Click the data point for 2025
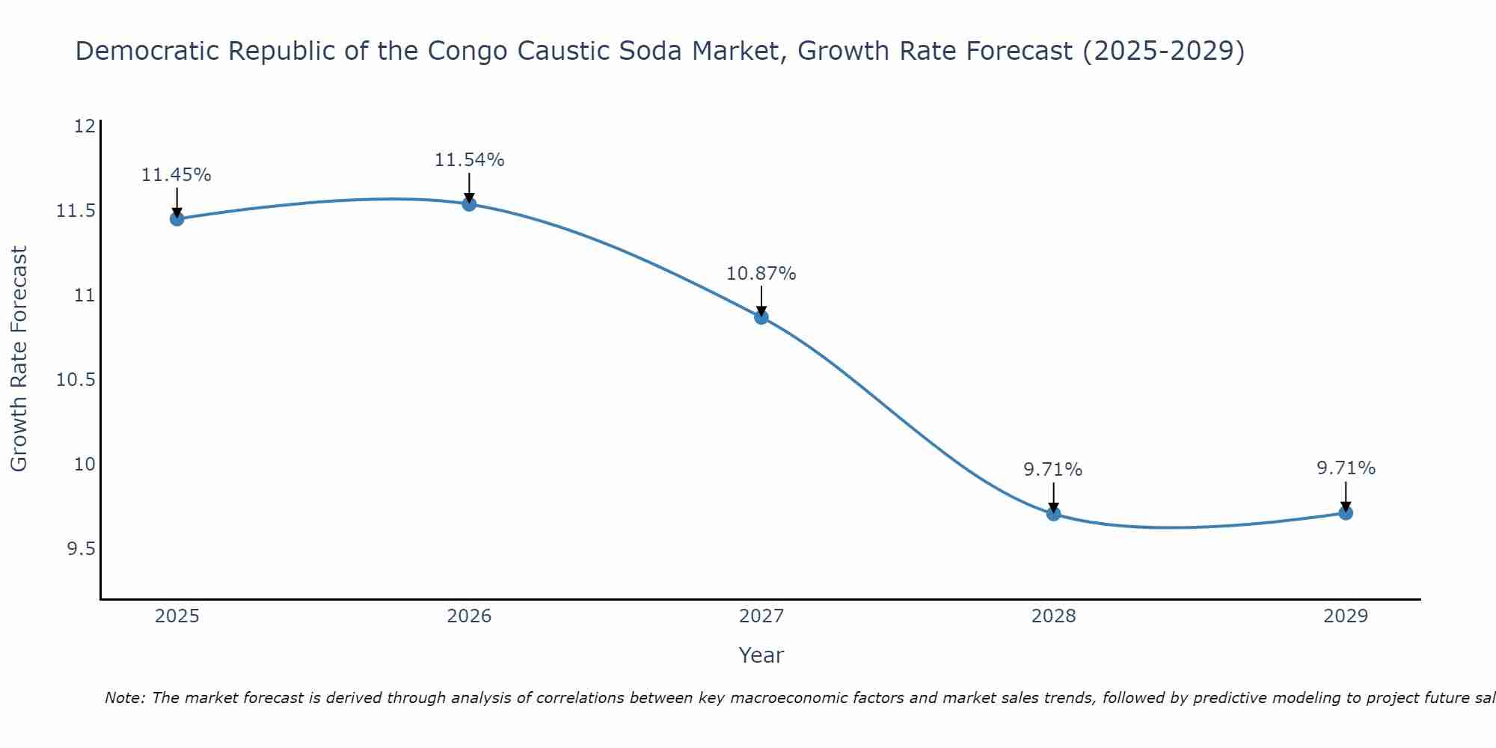(177, 219)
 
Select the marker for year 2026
(469, 204)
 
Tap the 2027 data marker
(761, 317)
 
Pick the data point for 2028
(1053, 514)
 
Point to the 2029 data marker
(1346, 513)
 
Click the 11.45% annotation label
(177, 175)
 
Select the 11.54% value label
(469, 160)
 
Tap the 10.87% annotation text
(761, 274)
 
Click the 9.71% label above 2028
(1053, 470)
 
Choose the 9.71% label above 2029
(1346, 468)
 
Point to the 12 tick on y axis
(85, 126)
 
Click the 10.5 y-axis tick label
(76, 380)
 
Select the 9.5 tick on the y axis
(81, 550)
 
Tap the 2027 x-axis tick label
(761, 616)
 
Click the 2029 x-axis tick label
(1346, 616)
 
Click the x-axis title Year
(761, 655)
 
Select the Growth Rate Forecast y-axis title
(19, 359)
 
